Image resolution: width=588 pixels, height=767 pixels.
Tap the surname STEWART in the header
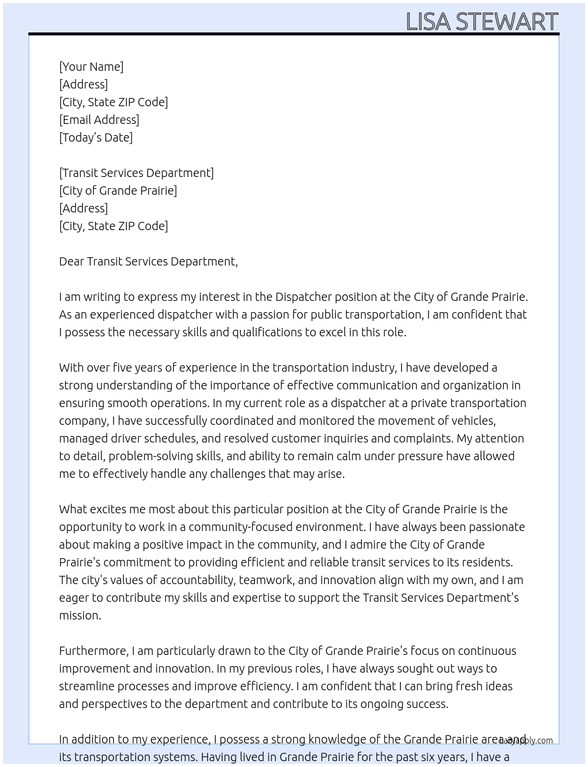coord(507,22)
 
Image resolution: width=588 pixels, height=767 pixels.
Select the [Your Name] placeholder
coord(91,67)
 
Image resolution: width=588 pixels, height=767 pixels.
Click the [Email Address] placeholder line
coord(99,120)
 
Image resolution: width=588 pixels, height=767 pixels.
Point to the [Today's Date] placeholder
coord(96,137)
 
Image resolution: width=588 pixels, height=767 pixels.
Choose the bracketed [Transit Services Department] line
coord(136,173)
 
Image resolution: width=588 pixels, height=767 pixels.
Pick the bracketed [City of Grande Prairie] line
coord(118,191)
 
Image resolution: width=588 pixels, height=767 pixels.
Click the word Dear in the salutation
coord(71,261)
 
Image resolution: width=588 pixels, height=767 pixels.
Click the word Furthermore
coord(93,651)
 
